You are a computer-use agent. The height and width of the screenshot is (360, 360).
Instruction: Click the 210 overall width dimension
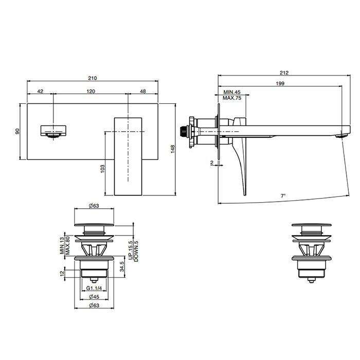93,78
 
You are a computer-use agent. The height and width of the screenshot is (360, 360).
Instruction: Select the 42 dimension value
40,92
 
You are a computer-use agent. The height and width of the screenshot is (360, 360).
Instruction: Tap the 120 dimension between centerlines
91,92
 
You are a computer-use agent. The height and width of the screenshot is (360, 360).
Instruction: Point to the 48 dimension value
143,92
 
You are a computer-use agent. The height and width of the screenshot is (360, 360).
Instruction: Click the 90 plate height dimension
17,131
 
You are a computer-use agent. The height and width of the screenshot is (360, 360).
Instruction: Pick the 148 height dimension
173,149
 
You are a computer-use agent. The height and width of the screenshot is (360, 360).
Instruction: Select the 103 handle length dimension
102,169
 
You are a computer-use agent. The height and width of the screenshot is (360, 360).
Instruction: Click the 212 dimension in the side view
284,73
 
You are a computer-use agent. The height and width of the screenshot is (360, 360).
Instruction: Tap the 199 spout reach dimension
280,83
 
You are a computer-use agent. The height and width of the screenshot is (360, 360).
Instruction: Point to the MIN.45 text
232,92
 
